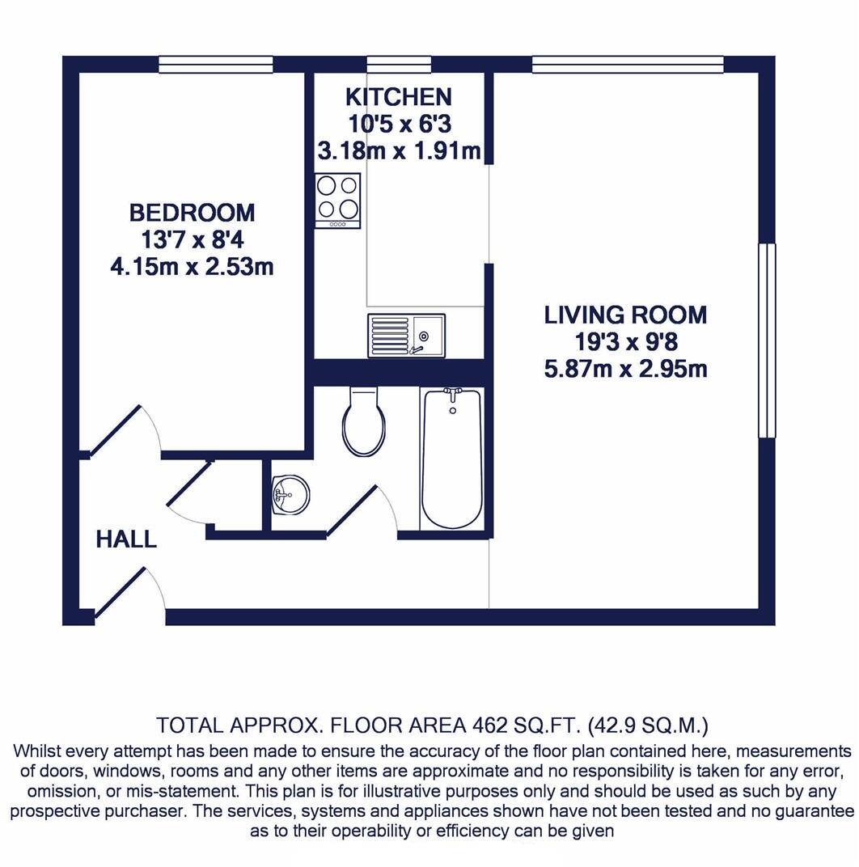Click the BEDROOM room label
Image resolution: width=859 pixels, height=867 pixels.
(x=192, y=213)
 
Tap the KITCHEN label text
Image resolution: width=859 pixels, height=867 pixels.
(x=398, y=97)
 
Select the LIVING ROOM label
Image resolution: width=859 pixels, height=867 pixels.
(x=625, y=315)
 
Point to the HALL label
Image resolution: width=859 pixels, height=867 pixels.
(x=126, y=539)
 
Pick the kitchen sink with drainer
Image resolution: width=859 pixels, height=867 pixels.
(x=406, y=335)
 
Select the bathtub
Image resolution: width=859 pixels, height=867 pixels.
(x=452, y=459)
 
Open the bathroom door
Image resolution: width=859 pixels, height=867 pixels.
(x=354, y=510)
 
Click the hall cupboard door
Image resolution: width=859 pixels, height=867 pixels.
(x=188, y=485)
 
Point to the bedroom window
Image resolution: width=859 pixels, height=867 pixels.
(x=215, y=64)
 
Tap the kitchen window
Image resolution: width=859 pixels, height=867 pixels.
(x=399, y=64)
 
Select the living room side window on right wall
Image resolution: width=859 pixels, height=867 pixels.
(x=766, y=340)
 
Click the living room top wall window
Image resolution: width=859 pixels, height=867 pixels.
(x=628, y=64)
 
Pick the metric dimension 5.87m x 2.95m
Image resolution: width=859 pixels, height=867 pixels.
(x=625, y=370)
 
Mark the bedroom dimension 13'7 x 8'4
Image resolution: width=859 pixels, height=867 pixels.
(x=192, y=239)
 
